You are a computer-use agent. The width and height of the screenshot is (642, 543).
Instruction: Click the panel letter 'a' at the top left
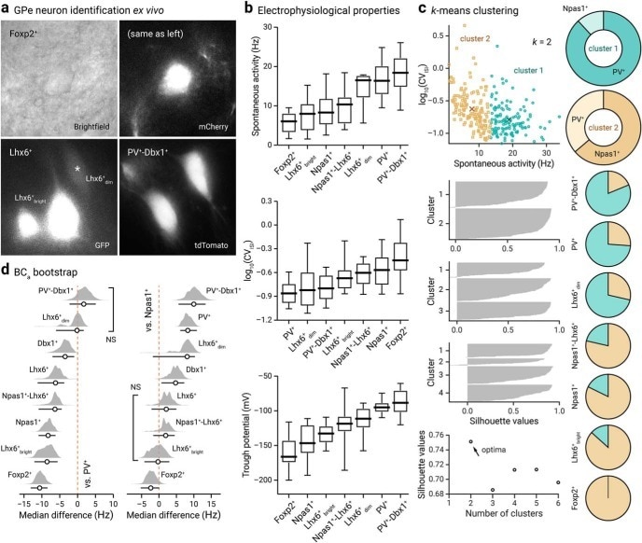[7, 8]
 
